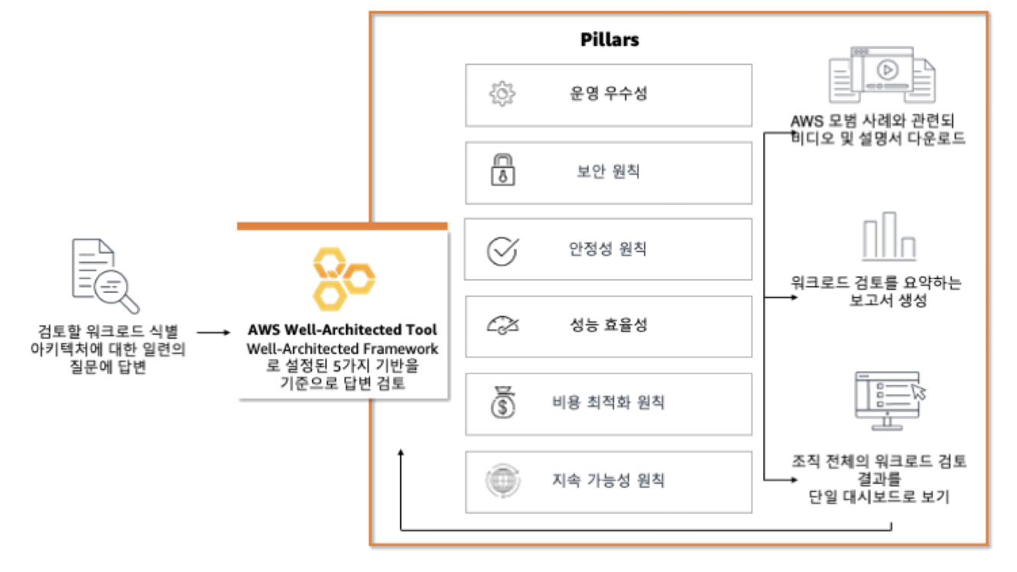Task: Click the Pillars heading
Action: point(609,41)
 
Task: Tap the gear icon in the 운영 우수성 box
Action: point(502,94)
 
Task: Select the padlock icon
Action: point(502,171)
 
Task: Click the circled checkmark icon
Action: point(503,249)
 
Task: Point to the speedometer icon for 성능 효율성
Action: point(502,327)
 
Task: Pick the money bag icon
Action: point(502,404)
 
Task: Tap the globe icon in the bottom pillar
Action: point(502,481)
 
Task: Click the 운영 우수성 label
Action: point(608,94)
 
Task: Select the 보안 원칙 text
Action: point(608,171)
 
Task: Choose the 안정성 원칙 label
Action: point(608,249)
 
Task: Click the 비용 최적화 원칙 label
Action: point(608,403)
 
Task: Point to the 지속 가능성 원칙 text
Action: point(608,481)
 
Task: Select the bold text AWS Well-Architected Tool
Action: point(342,331)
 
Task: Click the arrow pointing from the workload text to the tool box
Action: point(213,333)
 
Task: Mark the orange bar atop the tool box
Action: point(342,226)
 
